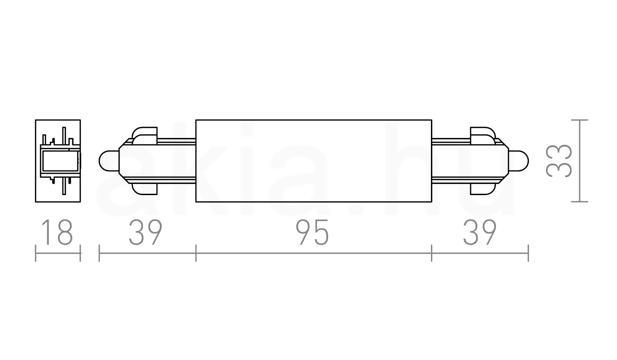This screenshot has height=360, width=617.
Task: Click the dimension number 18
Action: [57, 232]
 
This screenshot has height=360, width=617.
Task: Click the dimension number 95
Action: [312, 232]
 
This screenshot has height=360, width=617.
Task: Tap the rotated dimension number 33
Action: [559, 161]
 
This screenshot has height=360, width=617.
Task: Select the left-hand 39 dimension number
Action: [145, 232]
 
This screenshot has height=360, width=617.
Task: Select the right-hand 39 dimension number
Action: [479, 232]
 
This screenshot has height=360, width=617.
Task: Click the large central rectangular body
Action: [314, 161]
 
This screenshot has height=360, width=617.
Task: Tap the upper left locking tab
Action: [145, 134]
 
